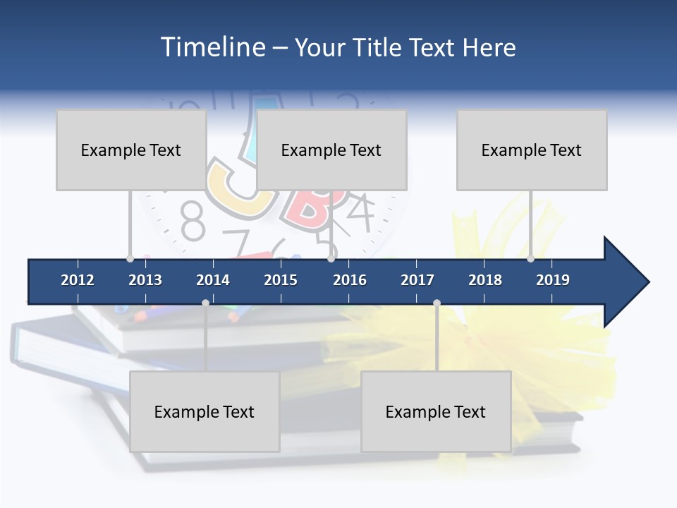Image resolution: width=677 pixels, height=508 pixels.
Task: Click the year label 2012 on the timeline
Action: pos(78,280)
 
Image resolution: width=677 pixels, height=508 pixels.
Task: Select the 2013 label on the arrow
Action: pos(145,280)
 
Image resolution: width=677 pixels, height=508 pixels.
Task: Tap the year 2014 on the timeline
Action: pos(213,280)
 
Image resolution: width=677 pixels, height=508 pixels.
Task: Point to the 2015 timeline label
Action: pos(281,280)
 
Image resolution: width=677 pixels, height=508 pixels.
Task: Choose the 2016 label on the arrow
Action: pos(350,280)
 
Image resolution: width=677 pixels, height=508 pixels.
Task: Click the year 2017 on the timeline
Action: pos(417,280)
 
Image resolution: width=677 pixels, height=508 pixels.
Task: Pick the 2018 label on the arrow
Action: pos(485,280)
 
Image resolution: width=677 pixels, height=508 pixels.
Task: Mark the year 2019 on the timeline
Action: pos(553,280)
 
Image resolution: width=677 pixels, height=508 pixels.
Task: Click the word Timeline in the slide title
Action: pos(212,47)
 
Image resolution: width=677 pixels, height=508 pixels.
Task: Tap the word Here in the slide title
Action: pos(489,47)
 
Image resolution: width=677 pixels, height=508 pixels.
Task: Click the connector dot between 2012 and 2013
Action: pos(130,258)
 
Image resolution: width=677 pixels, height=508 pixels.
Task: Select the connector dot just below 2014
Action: pos(205,303)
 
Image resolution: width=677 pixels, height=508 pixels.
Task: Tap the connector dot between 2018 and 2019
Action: pos(530,258)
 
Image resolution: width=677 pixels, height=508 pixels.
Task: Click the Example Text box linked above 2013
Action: pos(131,150)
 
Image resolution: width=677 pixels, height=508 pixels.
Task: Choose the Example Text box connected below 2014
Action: pos(205,411)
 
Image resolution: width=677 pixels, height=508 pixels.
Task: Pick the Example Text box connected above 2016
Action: pos(331,150)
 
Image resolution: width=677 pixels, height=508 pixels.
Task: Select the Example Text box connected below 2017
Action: pos(436,411)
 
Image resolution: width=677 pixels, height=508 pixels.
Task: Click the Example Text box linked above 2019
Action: pos(532,150)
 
